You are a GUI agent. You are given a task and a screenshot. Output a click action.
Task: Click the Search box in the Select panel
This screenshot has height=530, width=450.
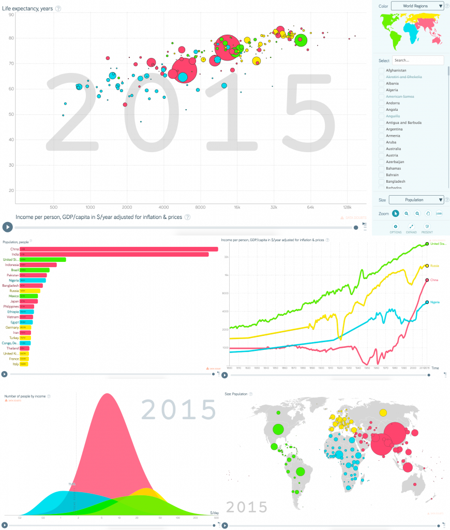tap(418, 60)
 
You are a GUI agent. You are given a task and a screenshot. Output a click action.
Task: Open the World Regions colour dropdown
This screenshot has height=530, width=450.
tap(417, 6)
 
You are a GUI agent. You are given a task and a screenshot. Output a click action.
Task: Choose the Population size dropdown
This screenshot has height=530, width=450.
tap(416, 200)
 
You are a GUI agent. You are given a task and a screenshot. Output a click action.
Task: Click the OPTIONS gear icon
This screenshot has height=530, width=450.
tap(396, 226)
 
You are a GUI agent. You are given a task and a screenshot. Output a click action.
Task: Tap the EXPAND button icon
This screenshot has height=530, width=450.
tap(411, 226)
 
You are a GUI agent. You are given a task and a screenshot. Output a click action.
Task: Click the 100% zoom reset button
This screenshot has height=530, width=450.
tap(439, 213)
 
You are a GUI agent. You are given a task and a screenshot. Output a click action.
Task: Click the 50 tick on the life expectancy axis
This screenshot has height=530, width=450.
tap(11, 114)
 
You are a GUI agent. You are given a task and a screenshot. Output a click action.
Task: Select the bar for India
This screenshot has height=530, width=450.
tap(114, 254)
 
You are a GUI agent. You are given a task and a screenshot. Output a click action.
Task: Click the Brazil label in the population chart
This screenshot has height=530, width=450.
tap(15, 270)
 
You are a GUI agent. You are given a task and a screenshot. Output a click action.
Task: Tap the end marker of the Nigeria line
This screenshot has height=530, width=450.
tap(427, 302)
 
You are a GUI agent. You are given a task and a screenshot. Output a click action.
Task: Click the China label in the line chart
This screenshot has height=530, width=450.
tap(434, 280)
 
